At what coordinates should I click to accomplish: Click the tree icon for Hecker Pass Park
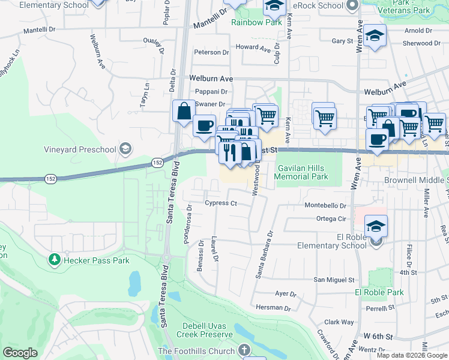[x=55, y=260]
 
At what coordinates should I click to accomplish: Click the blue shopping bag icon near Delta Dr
[x=183, y=111]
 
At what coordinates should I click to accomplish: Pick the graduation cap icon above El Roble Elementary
[x=376, y=226]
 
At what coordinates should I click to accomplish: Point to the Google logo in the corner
[x=20, y=352]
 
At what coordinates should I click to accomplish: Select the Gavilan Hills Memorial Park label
[x=301, y=172]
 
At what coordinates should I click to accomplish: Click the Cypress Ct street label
[x=221, y=203]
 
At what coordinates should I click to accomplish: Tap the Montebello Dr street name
[x=326, y=205]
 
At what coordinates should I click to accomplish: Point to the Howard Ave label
[x=253, y=47]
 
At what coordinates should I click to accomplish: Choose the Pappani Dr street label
[x=211, y=92]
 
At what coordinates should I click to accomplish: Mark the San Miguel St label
[x=334, y=280]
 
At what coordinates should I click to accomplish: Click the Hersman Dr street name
[x=273, y=308]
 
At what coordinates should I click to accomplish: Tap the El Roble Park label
[x=379, y=292]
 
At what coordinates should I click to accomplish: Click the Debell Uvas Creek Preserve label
[x=203, y=330]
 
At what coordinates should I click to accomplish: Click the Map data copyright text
[x=412, y=355]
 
